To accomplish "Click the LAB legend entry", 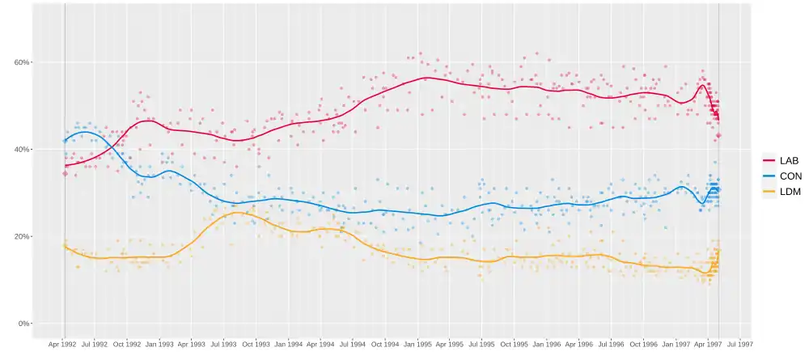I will point(789,160).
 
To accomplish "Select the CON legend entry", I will point(790,176).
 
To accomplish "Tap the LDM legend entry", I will point(790,191).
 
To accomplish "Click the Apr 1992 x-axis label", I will point(62,344).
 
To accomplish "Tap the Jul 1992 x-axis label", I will point(95,344).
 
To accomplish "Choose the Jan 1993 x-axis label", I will point(159,344).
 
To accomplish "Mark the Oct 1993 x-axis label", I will point(256,344).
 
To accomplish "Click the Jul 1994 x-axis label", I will point(353,344).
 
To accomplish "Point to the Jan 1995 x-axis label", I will point(417,344).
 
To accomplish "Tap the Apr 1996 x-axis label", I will point(579,344).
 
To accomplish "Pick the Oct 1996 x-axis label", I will point(644,344).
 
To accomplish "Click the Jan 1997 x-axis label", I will point(676,344).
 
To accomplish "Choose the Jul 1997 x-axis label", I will point(741,344).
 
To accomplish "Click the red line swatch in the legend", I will point(769,160).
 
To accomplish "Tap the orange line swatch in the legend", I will point(769,191).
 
